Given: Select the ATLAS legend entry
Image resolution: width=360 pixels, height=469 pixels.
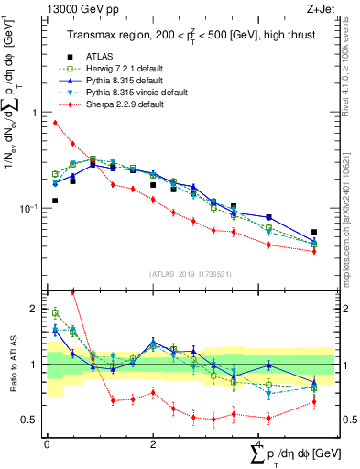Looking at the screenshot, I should [100, 56].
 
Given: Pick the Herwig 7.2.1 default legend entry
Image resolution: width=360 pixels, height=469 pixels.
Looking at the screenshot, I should [109, 69].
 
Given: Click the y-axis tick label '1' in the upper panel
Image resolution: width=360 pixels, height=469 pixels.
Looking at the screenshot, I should [35, 113].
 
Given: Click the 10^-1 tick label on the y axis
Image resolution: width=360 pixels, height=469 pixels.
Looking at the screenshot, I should [27, 209].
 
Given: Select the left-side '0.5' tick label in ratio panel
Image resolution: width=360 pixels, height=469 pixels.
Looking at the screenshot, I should [29, 420].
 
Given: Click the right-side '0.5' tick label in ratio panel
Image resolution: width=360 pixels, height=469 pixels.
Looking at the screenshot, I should [350, 420].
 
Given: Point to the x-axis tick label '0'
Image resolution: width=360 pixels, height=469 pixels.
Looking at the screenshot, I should [47, 443].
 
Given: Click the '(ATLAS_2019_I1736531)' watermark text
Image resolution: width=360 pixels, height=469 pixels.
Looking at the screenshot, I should [190, 274].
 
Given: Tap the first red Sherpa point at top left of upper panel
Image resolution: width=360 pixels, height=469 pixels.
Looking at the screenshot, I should [56, 122].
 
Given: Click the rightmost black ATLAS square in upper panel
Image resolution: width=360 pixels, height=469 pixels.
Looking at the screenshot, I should [314, 233].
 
